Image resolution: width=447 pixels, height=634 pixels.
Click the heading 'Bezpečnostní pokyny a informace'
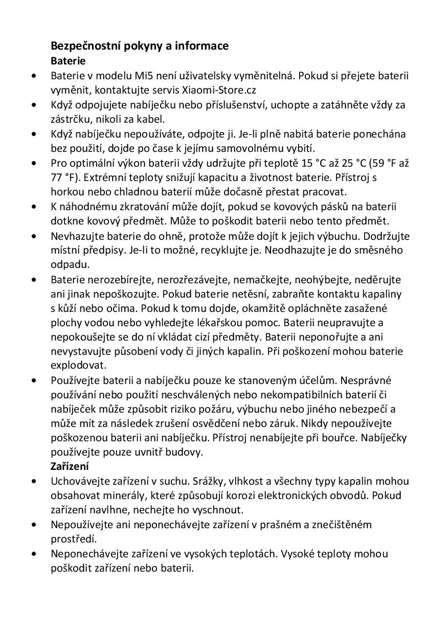[x=139, y=46]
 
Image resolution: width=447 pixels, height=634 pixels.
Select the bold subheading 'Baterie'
[x=68, y=61]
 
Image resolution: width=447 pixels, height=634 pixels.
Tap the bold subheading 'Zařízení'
[x=70, y=466]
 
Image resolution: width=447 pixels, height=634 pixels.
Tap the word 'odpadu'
[x=70, y=265]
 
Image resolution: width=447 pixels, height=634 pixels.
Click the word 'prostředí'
[x=73, y=539]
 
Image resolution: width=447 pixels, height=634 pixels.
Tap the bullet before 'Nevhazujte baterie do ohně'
[x=34, y=236]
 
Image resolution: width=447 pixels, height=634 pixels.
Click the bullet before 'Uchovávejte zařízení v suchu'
[x=34, y=481]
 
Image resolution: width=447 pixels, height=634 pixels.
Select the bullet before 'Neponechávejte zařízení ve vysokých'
[x=34, y=554]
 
